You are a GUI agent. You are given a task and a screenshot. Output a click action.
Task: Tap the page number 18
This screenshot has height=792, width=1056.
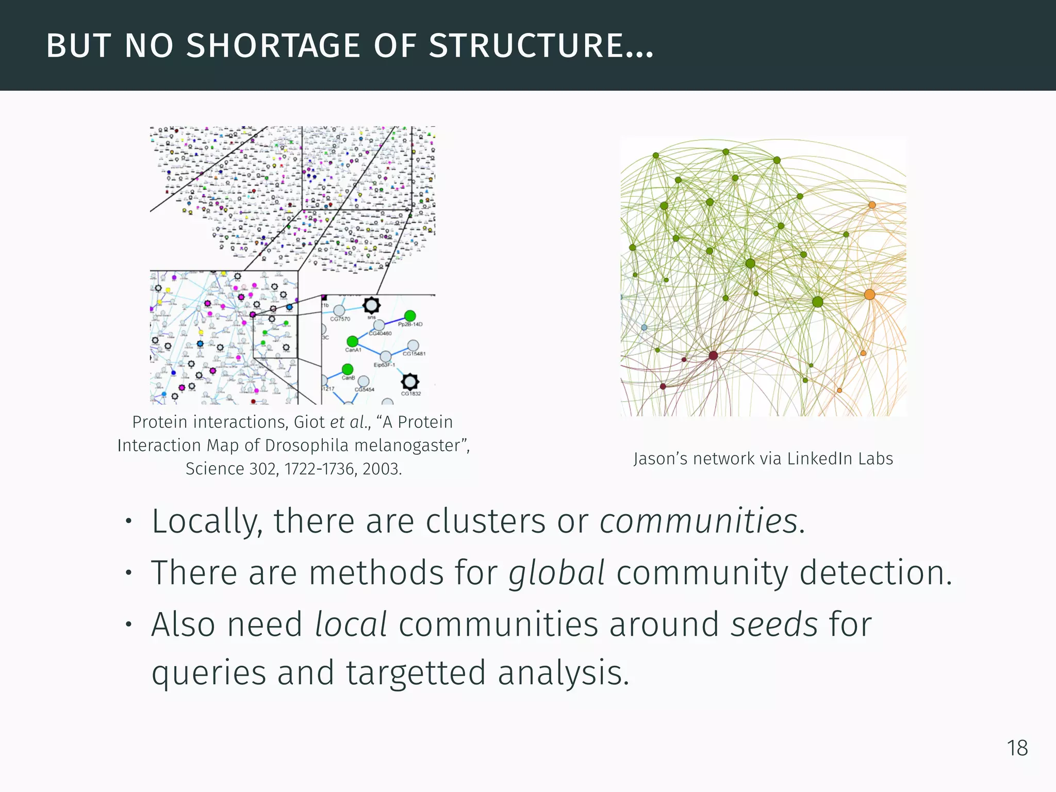[1017, 748]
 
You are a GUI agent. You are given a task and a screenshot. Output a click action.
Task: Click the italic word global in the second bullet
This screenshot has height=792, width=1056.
[556, 572]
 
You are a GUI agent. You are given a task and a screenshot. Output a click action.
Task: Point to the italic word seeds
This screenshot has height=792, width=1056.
[774, 624]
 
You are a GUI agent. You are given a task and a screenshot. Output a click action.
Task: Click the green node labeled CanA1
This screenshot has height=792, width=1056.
[352, 341]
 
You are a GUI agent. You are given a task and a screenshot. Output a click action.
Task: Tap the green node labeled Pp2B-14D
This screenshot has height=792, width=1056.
[410, 316]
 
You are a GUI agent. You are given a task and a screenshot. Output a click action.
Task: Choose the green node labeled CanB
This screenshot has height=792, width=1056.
[348, 369]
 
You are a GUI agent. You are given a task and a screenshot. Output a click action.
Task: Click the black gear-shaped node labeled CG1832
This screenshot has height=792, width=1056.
[410, 382]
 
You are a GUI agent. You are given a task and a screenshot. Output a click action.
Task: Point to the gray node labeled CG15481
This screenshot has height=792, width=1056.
[413, 345]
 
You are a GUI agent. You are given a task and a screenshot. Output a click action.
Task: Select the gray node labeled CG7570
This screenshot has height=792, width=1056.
[339, 310]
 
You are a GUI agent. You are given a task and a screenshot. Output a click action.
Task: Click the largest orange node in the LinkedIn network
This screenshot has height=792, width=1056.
[869, 294]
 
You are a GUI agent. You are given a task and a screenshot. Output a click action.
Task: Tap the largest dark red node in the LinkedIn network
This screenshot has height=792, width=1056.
[713, 355]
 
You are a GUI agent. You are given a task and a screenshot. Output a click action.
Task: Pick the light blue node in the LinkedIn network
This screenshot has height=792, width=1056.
[644, 327]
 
